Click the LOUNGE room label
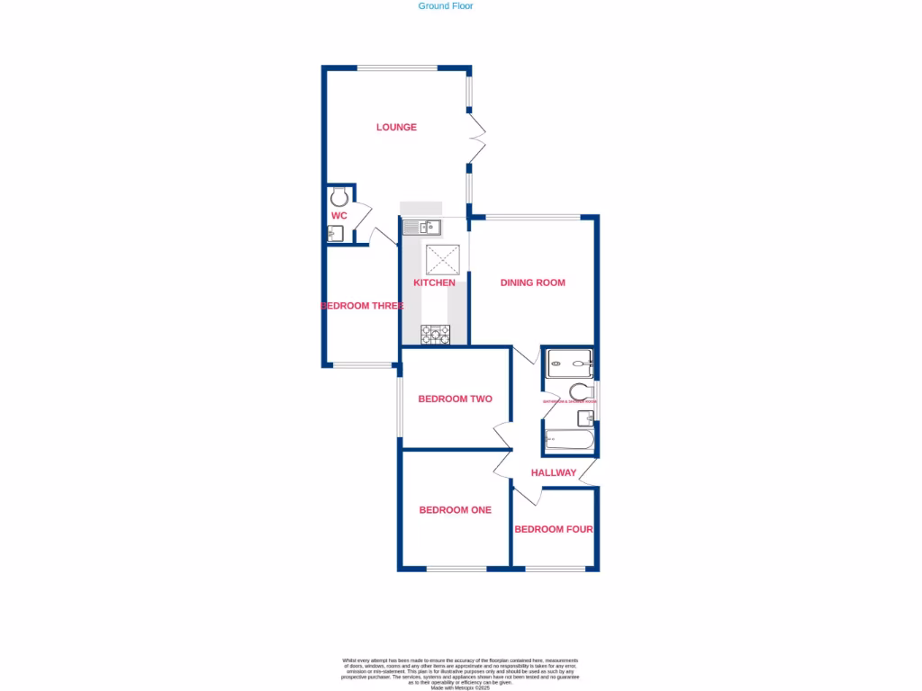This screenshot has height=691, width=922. (x=396, y=127)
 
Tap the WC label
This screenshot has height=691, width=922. (x=339, y=216)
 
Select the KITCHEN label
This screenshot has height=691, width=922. (x=434, y=283)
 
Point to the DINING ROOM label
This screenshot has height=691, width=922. (x=533, y=283)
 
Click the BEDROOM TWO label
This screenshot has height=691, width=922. (x=455, y=399)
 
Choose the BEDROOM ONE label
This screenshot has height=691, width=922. (x=455, y=510)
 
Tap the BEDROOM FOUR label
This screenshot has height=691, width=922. (x=554, y=529)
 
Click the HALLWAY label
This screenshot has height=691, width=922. (x=554, y=472)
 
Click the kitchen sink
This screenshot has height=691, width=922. (x=420, y=227)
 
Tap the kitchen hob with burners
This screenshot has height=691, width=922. (x=435, y=334)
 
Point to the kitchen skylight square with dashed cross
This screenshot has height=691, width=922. (x=443, y=260)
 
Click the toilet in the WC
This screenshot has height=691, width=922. (x=339, y=197)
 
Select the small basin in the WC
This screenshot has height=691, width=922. (x=334, y=234)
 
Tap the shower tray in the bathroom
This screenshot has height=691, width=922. (x=569, y=363)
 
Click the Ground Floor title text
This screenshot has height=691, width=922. (x=446, y=6)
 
